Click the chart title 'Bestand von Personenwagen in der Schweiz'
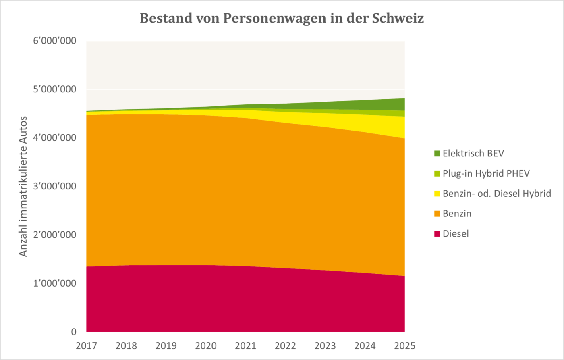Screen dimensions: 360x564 [x=282, y=19]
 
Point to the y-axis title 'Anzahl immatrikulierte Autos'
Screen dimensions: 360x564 [x=23, y=186]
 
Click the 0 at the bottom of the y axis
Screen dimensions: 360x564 [x=73, y=332]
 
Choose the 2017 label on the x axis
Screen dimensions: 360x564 [x=87, y=345]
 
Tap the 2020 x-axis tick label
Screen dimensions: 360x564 [x=206, y=345]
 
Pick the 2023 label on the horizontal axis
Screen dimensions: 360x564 [x=325, y=345]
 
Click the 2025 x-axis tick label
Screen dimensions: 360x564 [x=404, y=345]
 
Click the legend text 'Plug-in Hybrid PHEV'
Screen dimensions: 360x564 [x=486, y=173]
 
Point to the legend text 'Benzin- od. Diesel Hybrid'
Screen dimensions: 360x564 [x=496, y=194]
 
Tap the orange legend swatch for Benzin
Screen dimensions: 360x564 [x=437, y=214]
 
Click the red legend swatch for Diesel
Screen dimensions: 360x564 [x=437, y=234]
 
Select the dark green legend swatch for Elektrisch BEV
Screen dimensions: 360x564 [x=437, y=153]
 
